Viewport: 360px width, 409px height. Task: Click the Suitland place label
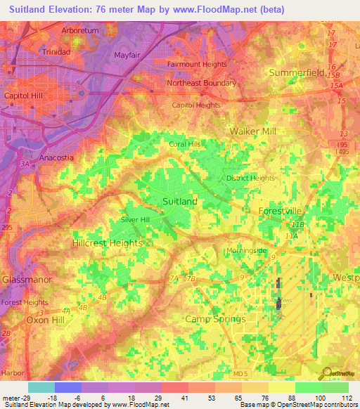(179, 201)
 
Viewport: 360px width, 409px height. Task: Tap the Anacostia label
(56, 157)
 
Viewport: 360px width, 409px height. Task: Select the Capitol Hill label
(24, 95)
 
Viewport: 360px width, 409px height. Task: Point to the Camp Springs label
(215, 318)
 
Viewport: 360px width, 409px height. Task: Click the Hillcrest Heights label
(107, 242)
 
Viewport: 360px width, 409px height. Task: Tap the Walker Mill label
(253, 131)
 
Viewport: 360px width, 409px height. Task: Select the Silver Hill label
(136, 220)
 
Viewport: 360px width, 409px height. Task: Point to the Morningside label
(246, 251)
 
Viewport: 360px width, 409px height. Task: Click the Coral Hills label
(185, 144)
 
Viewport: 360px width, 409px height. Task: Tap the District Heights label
(250, 178)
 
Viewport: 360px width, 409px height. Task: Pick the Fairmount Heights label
(196, 64)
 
